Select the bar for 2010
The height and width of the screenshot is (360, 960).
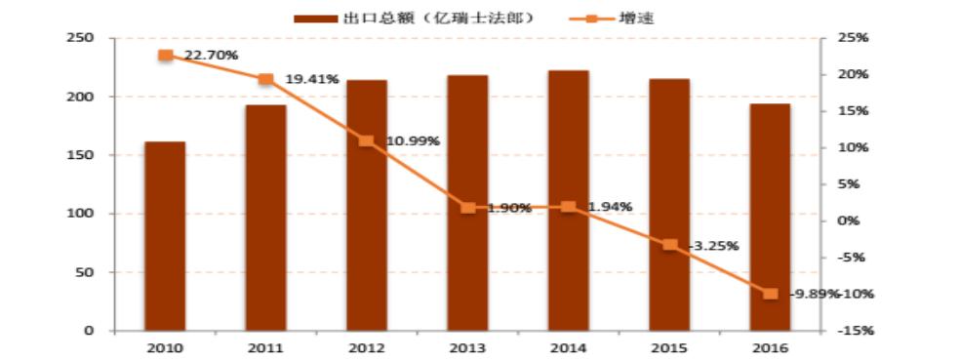165,236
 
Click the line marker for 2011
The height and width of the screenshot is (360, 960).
265,79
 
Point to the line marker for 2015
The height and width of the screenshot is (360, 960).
669,245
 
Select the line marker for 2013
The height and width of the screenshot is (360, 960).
467,208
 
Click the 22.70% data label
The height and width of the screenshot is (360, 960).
211,56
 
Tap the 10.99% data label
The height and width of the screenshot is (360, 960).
413,140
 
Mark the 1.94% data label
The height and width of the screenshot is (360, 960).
611,207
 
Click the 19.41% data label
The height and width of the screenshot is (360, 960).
312,79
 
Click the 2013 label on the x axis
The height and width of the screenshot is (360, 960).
467,347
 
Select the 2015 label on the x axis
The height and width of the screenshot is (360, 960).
669,347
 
